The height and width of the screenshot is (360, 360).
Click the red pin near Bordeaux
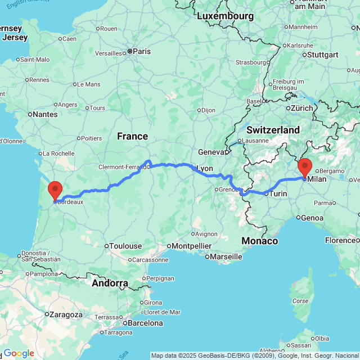pyautogui.click(x=55, y=190)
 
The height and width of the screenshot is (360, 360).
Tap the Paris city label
pyautogui.click(x=141, y=51)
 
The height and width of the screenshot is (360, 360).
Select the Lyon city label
pyautogui.click(x=205, y=168)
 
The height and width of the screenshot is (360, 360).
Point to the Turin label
pyautogui.click(x=278, y=193)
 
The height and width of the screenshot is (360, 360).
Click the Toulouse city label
pyautogui.click(x=126, y=246)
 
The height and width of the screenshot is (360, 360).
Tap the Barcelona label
pyautogui.click(x=146, y=323)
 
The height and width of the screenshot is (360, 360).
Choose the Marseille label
pyautogui.click(x=226, y=256)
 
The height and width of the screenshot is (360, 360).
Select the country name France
pyautogui.click(x=132, y=136)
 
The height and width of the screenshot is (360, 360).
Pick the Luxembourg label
pyautogui.click(x=225, y=16)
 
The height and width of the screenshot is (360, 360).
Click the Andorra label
pyautogui.click(x=110, y=283)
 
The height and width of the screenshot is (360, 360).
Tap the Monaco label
pyautogui.click(x=259, y=241)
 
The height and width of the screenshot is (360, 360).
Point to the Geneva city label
pyautogui.click(x=211, y=151)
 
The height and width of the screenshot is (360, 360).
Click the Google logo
pyautogui.click(x=18, y=353)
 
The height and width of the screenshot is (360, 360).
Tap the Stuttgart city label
pyautogui.click(x=323, y=55)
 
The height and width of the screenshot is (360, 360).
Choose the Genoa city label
pyautogui.click(x=312, y=218)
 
